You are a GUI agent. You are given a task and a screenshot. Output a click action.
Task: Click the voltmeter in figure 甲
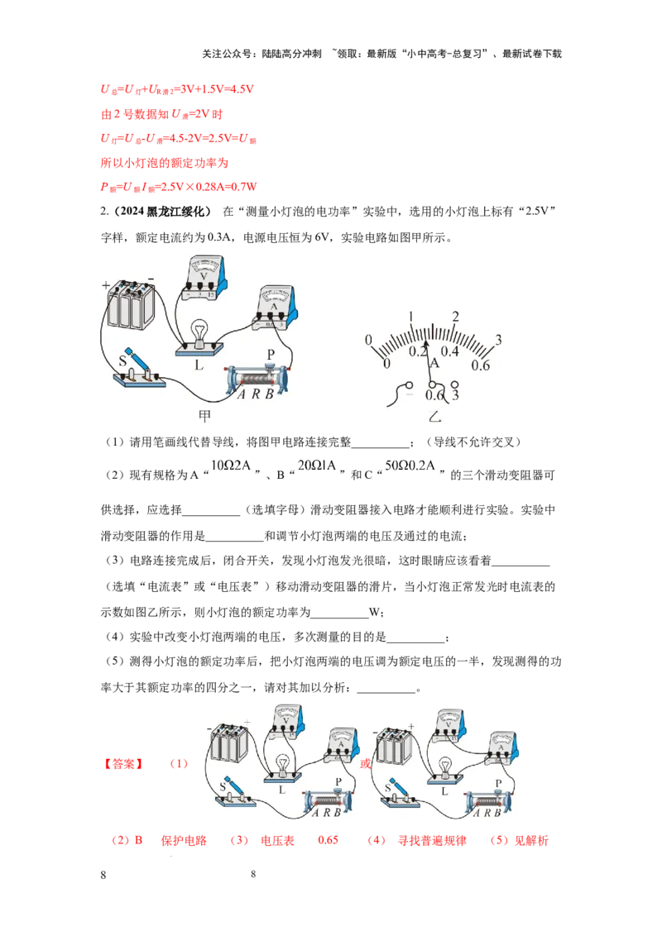coord(204,278)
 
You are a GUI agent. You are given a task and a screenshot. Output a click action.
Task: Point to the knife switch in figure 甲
coord(139,370)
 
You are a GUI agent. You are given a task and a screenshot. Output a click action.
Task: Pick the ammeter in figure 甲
coord(274,308)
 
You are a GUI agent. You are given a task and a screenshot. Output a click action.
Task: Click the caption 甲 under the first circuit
coord(205,415)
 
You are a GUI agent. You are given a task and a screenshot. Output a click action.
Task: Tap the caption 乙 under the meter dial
coord(435,416)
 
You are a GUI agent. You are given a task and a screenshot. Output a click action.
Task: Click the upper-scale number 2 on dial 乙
coord(455,316)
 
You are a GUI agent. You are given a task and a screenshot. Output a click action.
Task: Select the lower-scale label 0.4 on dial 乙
coord(449,351)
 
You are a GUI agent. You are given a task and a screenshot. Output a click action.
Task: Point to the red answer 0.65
coord(328,840)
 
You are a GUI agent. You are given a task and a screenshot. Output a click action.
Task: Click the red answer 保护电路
coord(184,840)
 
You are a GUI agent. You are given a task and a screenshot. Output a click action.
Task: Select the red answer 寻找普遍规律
coord(432,840)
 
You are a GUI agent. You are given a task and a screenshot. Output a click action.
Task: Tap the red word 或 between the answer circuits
coord(365,763)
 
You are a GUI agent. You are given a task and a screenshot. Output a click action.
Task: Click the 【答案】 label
coord(123,763)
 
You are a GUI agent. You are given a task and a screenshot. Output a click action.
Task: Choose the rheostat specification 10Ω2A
coord(231,465)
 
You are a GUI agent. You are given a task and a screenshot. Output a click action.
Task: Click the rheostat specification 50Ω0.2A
coord(410,465)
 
